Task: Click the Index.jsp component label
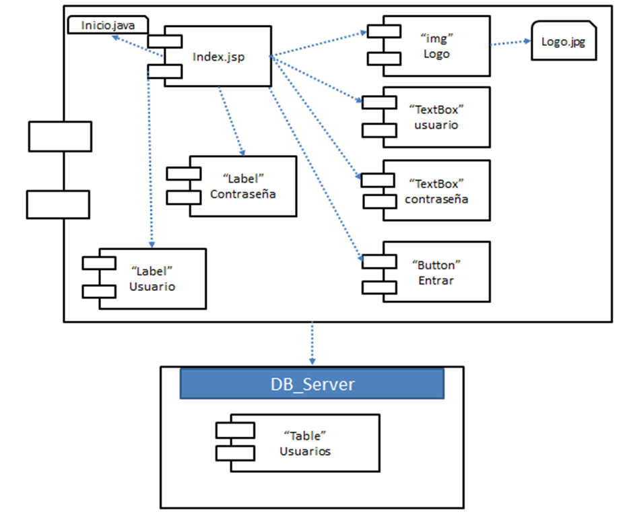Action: tap(218, 57)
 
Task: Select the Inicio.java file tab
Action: tap(108, 26)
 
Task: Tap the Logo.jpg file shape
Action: tap(563, 41)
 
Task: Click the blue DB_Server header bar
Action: tap(312, 385)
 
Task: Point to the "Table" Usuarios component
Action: tap(305, 443)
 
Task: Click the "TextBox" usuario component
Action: tap(436, 117)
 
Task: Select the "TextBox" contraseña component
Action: tap(436, 191)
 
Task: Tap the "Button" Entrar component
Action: tap(436, 272)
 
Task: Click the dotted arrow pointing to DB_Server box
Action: tap(312, 344)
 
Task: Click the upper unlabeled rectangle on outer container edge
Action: tap(60, 136)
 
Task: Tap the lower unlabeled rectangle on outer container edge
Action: tap(59, 204)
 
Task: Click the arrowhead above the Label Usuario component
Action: tap(152, 244)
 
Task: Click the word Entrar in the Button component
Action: tap(436, 280)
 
